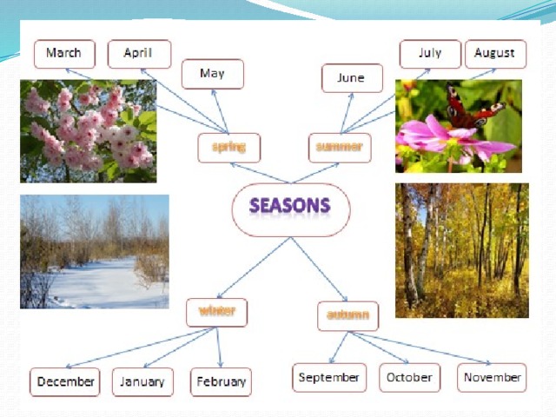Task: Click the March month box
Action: (64, 54)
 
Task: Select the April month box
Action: (139, 54)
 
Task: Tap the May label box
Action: (213, 74)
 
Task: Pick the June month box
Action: (352, 78)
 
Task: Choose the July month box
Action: (430, 54)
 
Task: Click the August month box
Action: (496, 54)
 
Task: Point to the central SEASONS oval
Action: (291, 210)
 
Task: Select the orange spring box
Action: (229, 148)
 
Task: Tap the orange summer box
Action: (340, 148)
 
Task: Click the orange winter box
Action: (216, 313)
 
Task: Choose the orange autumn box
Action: (347, 316)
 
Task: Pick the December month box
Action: (65, 382)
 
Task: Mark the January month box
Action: (142, 382)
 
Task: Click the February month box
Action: (221, 382)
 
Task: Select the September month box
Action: (329, 378)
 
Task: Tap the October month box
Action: (409, 378)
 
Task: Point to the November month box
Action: (492, 378)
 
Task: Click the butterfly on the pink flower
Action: (473, 108)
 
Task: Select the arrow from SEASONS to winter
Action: (254, 268)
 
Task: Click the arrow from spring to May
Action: (220, 111)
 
